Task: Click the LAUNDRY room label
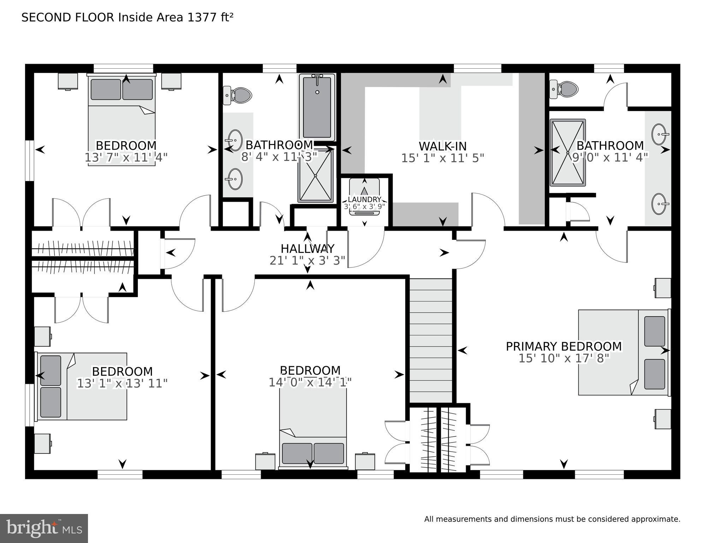pyautogui.click(x=364, y=200)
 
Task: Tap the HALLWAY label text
pyautogui.click(x=307, y=248)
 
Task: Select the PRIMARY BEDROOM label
pyautogui.click(x=564, y=346)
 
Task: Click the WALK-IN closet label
pyautogui.click(x=442, y=146)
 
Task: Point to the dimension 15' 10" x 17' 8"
pyautogui.click(x=564, y=358)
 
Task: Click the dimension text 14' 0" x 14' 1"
pyautogui.click(x=310, y=382)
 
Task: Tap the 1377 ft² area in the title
pyautogui.click(x=210, y=17)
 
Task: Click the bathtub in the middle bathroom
pyautogui.click(x=317, y=108)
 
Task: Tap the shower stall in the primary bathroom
pyautogui.click(x=567, y=152)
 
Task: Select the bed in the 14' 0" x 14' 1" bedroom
pyautogui.click(x=313, y=432)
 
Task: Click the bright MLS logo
pyautogui.click(x=44, y=528)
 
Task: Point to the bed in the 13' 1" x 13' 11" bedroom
pyautogui.click(x=82, y=386)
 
